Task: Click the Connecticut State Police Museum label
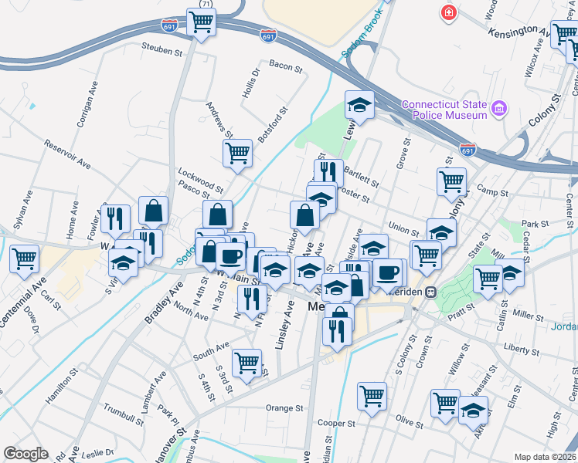(x=444, y=110)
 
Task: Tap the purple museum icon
(x=499, y=110)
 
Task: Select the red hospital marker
(x=447, y=13)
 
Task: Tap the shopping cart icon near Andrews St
(x=237, y=152)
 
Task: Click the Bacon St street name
(x=285, y=68)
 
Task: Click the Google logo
(x=25, y=454)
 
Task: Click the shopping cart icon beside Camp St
(x=450, y=182)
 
